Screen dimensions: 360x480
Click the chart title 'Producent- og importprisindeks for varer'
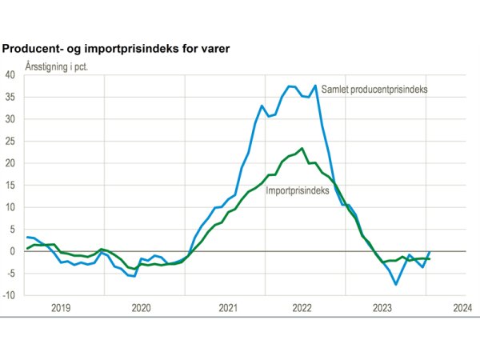pos(116,49)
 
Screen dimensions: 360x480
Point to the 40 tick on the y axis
pos(10,75)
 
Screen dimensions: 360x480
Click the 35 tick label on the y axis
pos(10,98)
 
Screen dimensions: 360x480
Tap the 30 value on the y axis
pos(10,119)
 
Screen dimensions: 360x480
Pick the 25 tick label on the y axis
pos(10,142)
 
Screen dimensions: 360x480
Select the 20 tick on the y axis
pos(10,163)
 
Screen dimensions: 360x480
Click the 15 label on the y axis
pos(10,186)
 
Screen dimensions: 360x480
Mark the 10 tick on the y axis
pos(10,207)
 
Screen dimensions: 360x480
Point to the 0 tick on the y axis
pos(13,251)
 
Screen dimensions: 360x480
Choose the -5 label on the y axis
pos(11,273)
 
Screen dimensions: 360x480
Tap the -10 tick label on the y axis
pos(10,295)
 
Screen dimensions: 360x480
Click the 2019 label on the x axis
pos(61,307)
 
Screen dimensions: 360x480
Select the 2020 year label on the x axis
pos(141,307)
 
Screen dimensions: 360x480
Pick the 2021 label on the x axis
pos(227,307)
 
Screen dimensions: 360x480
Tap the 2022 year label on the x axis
pos(302,307)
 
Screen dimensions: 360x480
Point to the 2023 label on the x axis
pos(382,307)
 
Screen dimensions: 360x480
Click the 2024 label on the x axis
pos(462,307)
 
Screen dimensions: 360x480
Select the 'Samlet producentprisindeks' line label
pos(374,89)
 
